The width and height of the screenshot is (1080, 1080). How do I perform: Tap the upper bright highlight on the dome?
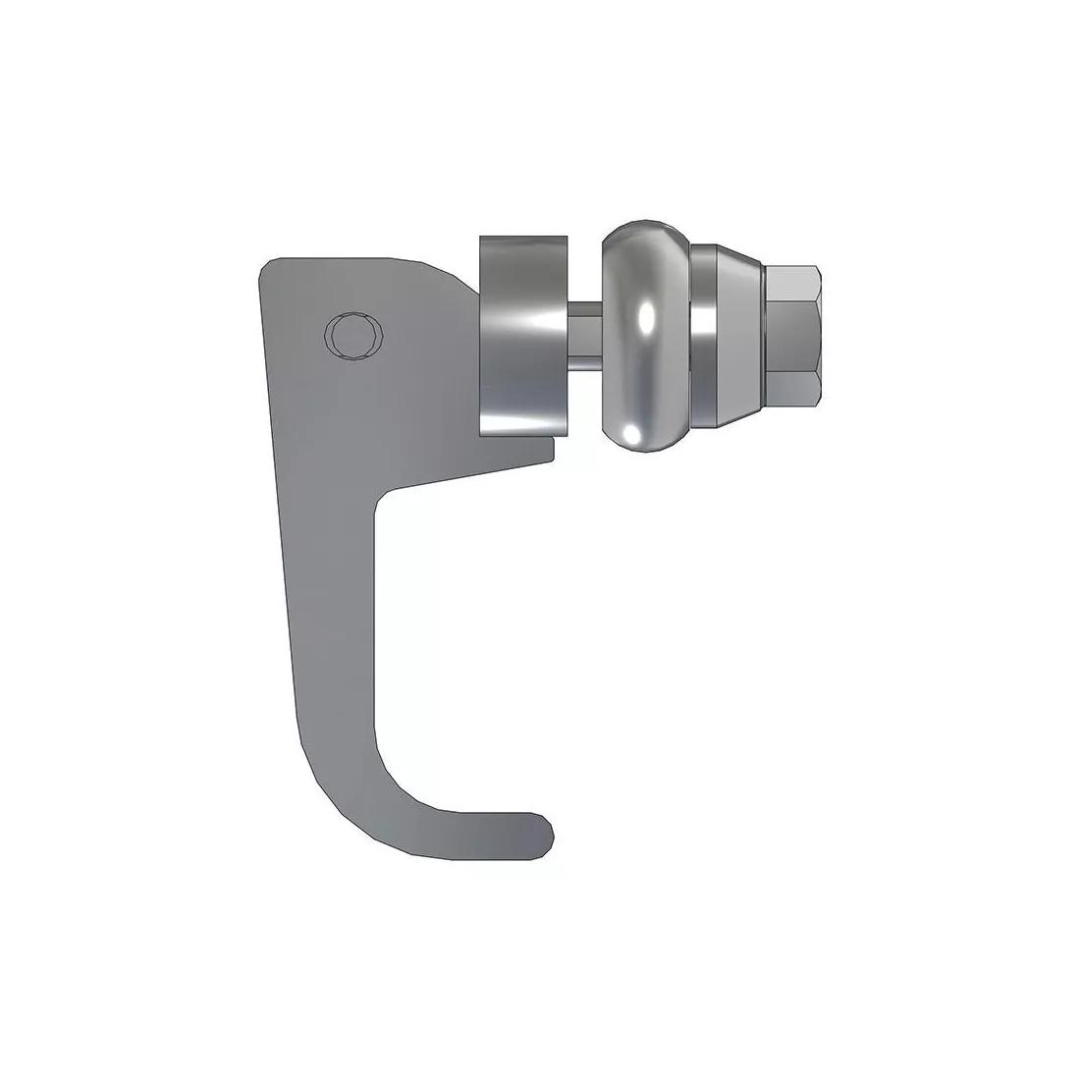[644, 316]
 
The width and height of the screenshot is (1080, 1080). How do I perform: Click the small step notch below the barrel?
[552, 448]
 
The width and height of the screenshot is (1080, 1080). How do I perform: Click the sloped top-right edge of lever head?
[442, 272]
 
